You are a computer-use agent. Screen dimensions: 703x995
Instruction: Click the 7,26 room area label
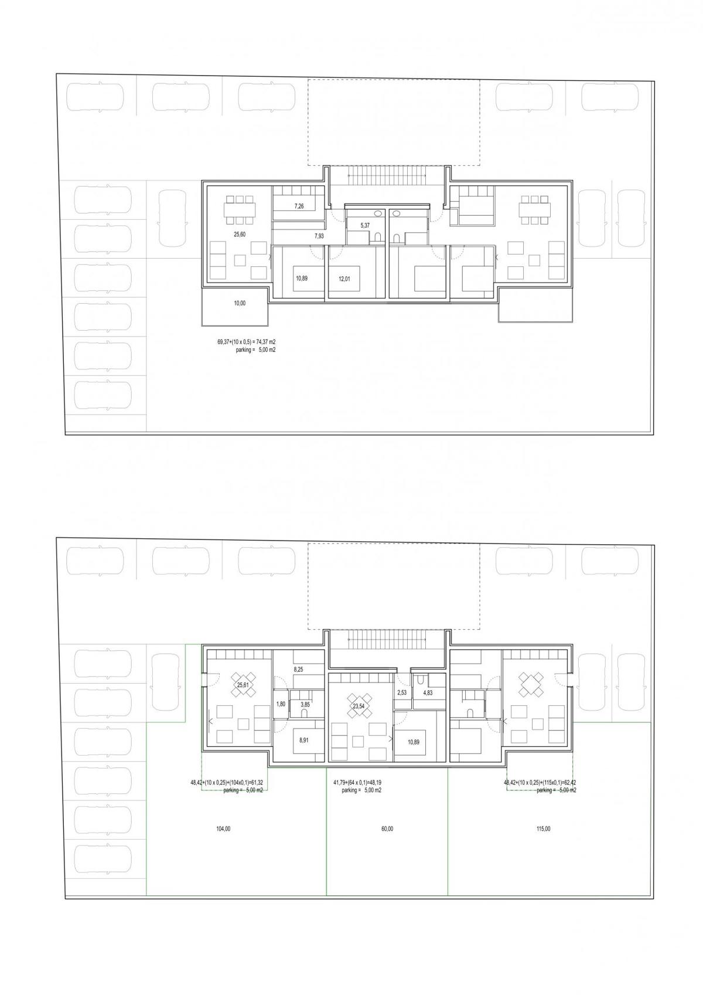point(299,206)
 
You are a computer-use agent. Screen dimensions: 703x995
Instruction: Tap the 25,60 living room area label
point(239,235)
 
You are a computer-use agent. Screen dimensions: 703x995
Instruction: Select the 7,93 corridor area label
point(319,236)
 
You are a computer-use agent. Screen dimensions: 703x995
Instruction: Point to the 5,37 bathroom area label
point(365,226)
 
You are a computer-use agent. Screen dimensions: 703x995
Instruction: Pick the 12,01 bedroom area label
point(344,279)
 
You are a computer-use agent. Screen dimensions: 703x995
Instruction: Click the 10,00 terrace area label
point(239,303)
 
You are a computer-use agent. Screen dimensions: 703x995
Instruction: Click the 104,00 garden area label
point(223,829)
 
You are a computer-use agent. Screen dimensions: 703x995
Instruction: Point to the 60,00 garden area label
point(387,829)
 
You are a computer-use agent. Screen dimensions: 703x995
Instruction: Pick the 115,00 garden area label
point(543,829)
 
